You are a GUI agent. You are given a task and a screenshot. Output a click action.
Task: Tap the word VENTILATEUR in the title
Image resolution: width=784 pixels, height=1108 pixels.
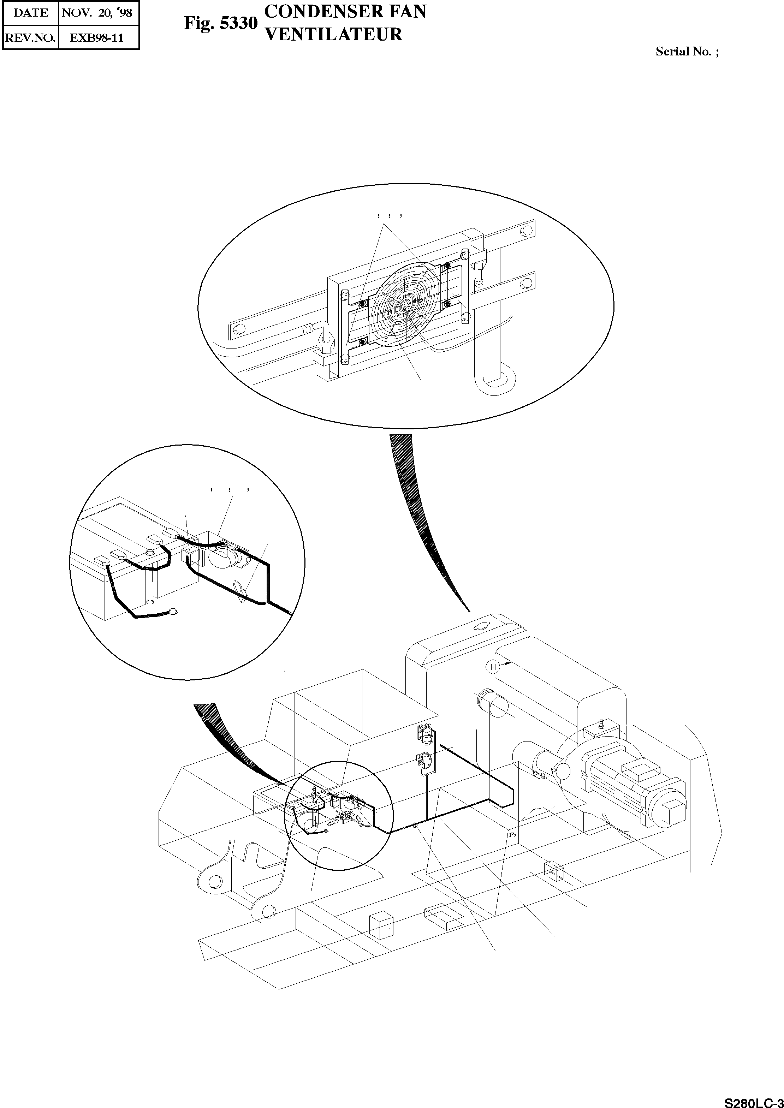point(334,34)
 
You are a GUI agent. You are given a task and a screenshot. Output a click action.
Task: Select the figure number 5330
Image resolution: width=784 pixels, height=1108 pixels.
point(238,24)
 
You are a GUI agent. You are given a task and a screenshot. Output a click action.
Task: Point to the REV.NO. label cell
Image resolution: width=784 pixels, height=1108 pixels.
point(30,38)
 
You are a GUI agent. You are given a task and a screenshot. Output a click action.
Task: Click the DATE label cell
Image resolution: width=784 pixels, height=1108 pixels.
point(30,13)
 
